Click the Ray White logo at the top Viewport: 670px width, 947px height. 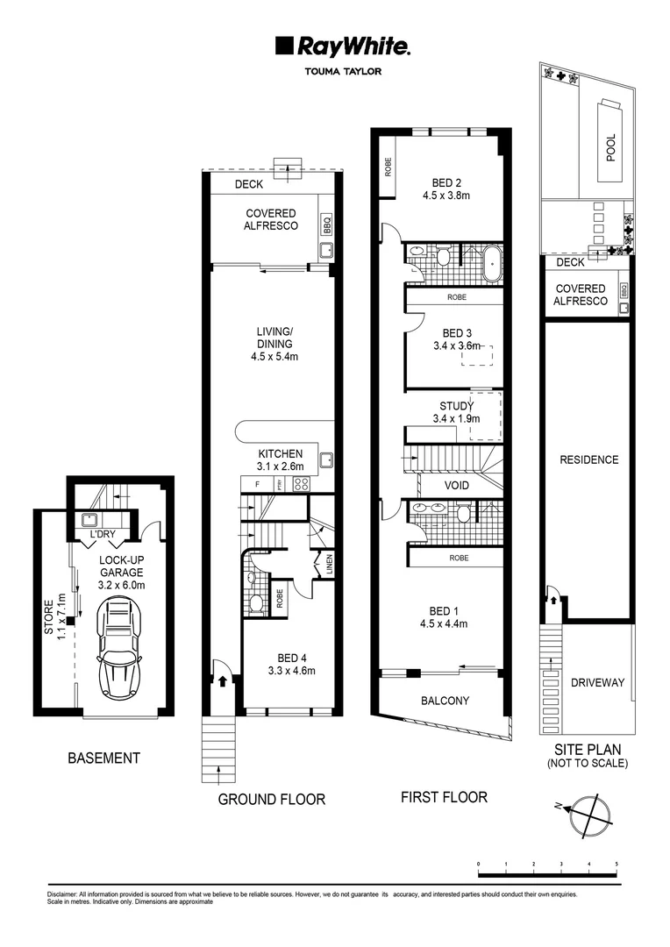[x=343, y=47]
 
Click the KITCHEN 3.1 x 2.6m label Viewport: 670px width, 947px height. [x=280, y=459]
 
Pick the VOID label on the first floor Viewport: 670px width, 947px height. [x=457, y=486]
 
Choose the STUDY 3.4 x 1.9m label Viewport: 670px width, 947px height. [x=456, y=412]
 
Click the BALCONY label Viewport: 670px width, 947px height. [x=445, y=701]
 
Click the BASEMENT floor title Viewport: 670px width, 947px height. [x=103, y=758]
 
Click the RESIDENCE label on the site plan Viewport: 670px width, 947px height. [x=588, y=459]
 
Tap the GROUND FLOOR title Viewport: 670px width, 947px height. [x=271, y=799]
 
